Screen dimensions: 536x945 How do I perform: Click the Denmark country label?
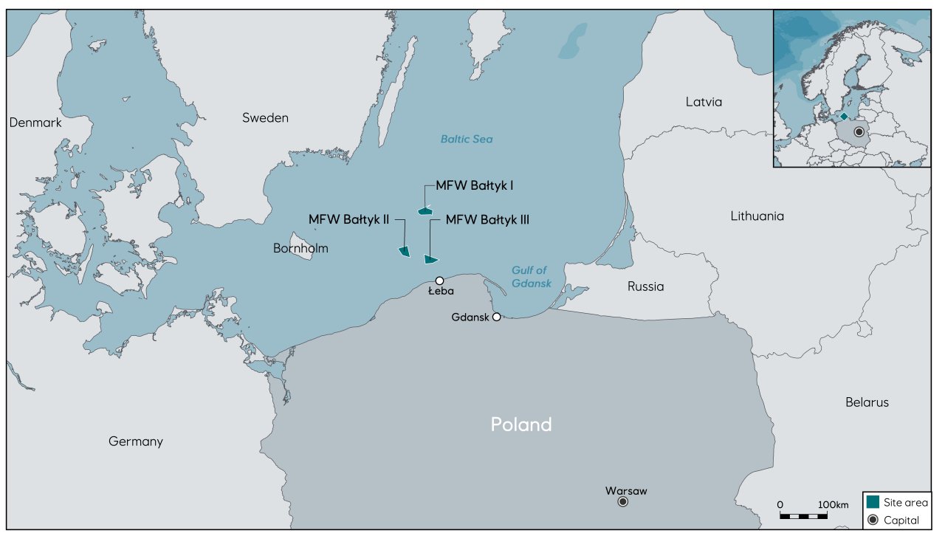pyautogui.click(x=35, y=123)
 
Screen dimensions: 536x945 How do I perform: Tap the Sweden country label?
pyautogui.click(x=265, y=118)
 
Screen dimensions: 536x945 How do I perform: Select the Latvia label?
pyautogui.click(x=703, y=102)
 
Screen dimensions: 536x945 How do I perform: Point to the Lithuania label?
pyautogui.click(x=757, y=216)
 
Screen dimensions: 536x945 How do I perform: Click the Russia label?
pyautogui.click(x=645, y=286)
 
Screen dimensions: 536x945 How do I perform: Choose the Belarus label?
pyautogui.click(x=867, y=402)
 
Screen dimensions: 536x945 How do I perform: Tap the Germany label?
pyautogui.click(x=135, y=441)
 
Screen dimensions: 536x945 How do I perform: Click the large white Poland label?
pyautogui.click(x=521, y=425)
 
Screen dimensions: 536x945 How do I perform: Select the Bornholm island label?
pyautogui.click(x=300, y=248)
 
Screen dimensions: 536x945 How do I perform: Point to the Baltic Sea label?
pyautogui.click(x=466, y=139)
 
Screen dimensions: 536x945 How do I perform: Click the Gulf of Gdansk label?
pyautogui.click(x=531, y=277)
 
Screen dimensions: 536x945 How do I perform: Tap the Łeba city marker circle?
pyautogui.click(x=439, y=281)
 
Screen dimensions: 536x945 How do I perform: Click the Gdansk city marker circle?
pyautogui.click(x=497, y=317)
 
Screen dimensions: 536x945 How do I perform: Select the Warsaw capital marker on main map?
pyautogui.click(x=622, y=502)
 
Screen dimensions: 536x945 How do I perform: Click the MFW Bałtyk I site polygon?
pyautogui.click(x=425, y=211)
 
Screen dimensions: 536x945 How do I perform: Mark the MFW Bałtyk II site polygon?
pyautogui.click(x=404, y=252)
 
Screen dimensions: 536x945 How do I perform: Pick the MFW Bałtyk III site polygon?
pyautogui.click(x=430, y=259)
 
